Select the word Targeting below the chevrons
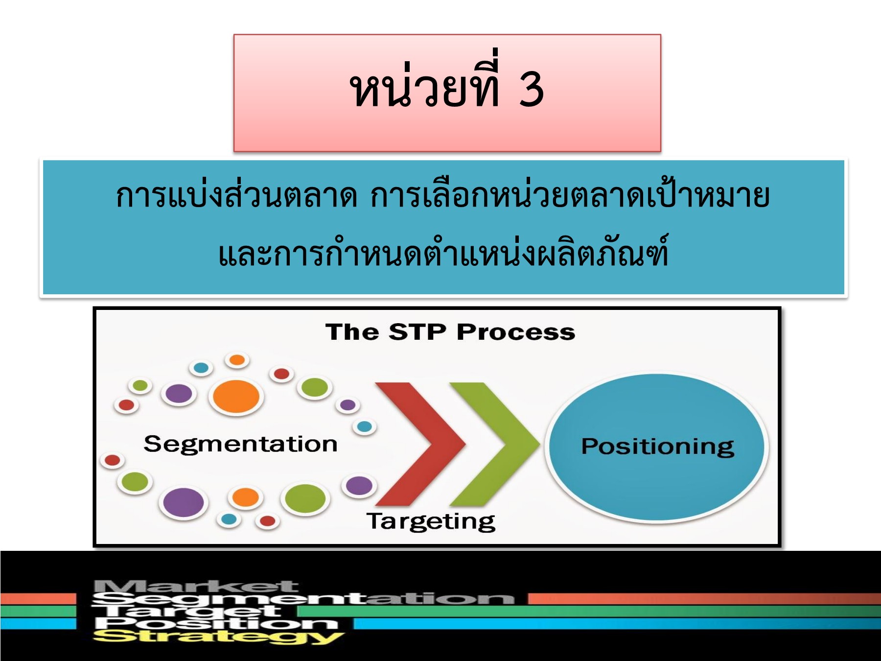tap(431, 521)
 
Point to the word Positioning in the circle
tap(657, 447)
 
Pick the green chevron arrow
tap(494, 444)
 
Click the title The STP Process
tap(450, 332)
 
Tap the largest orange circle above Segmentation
tap(236, 396)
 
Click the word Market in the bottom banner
tap(196, 586)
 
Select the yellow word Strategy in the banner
tap(218, 637)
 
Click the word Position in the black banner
tap(216, 623)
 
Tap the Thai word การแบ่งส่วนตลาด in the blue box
tap(236, 195)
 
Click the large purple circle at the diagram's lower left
tap(183, 503)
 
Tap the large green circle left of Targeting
tap(305, 499)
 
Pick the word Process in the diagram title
tap(516, 332)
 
